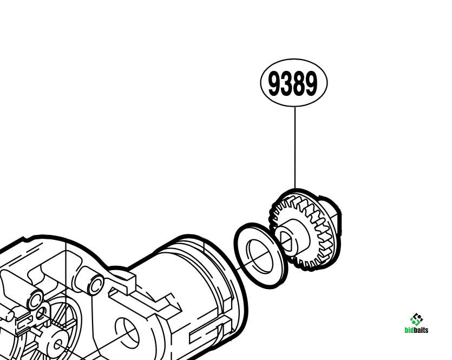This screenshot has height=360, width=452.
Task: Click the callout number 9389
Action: point(293,83)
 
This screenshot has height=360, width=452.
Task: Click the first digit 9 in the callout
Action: point(274,83)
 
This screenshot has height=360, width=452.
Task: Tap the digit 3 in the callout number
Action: point(286,83)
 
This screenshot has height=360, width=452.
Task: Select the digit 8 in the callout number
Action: point(299,83)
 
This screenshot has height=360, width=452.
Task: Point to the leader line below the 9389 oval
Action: point(295,148)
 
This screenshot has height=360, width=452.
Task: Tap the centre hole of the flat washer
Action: point(260,256)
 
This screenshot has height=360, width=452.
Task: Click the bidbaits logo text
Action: point(416,330)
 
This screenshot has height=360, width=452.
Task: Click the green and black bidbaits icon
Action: point(416,319)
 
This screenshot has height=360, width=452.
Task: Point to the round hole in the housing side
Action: point(127,332)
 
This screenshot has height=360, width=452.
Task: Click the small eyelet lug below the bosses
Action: point(41,312)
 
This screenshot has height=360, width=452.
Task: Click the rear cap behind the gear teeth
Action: point(331,215)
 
